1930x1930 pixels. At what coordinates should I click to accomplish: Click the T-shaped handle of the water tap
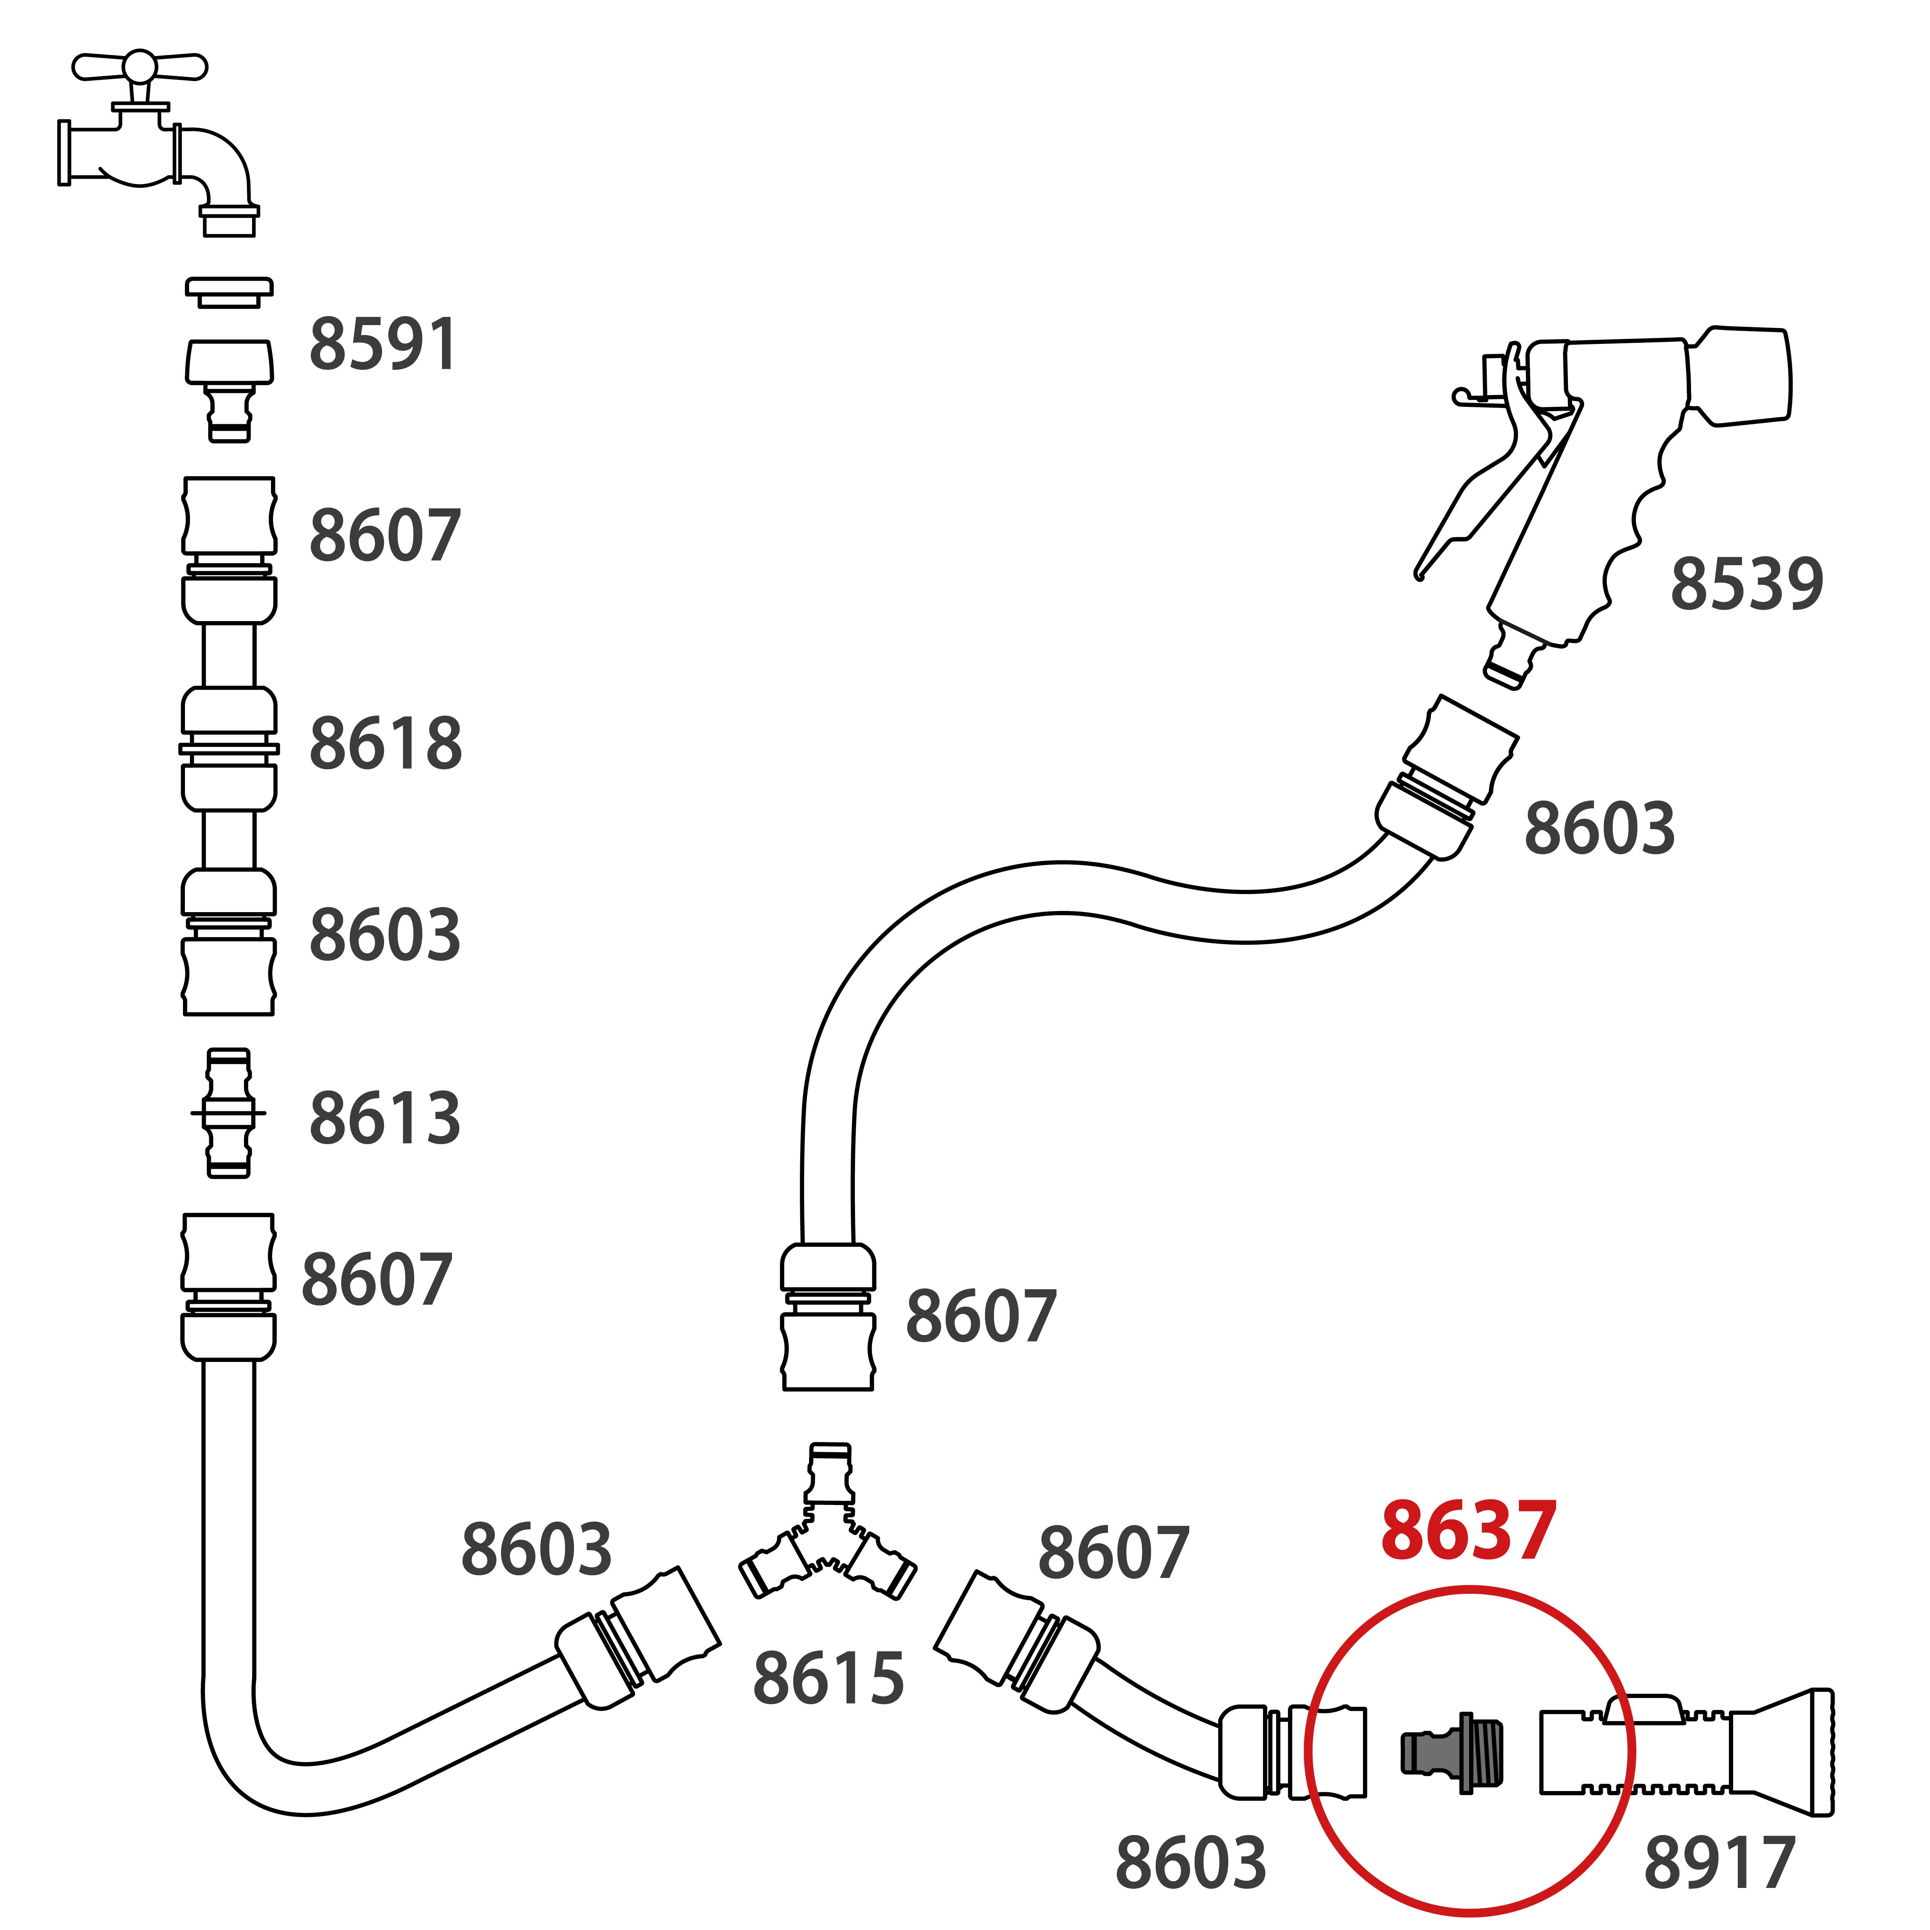[x=140, y=68]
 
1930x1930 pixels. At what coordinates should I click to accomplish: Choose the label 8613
[x=384, y=1119]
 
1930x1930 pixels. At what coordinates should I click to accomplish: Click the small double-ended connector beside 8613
[x=229, y=1113]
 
